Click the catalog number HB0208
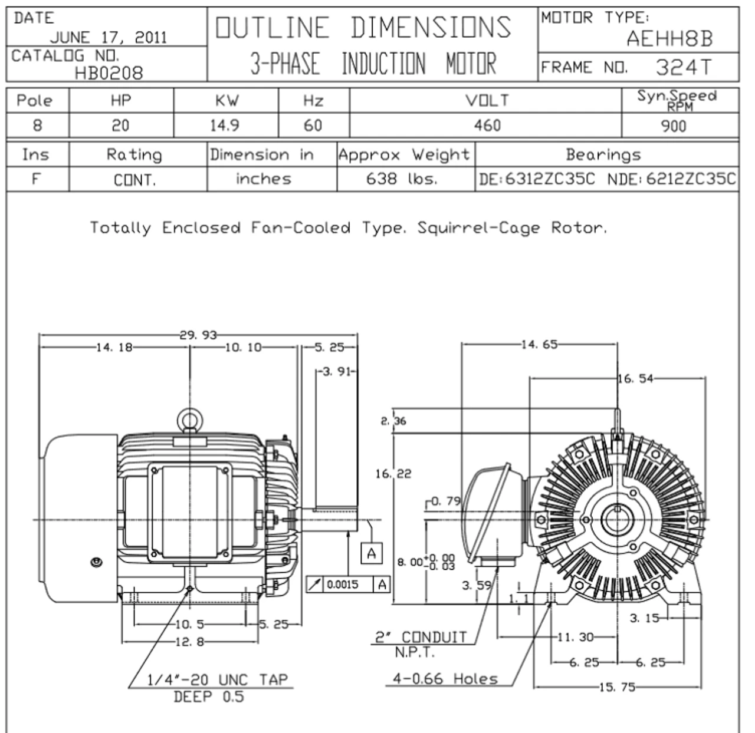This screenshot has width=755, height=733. click(x=109, y=73)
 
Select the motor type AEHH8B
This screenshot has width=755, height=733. click(x=670, y=39)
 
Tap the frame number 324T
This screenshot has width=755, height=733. click(x=684, y=67)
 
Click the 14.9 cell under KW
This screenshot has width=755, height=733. click(x=225, y=126)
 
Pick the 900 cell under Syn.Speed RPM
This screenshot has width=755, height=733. click(x=674, y=126)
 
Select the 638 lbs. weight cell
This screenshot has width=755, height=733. click(x=402, y=179)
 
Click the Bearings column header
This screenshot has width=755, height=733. click(x=603, y=154)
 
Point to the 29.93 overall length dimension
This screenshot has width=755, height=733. click(x=198, y=335)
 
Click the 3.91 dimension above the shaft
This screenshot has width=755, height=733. click(x=337, y=371)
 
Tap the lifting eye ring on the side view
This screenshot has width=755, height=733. click(x=190, y=411)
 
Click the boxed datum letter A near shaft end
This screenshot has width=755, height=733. click(x=371, y=553)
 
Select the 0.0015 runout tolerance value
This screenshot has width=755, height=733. click(x=343, y=584)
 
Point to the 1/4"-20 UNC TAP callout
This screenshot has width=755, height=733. click(x=217, y=680)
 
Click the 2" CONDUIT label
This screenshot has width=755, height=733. click(x=421, y=638)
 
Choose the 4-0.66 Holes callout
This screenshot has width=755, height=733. click(x=445, y=679)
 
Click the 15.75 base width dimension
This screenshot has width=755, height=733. click(x=617, y=687)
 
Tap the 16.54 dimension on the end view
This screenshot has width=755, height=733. click(x=635, y=378)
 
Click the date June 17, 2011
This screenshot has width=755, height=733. click(x=109, y=38)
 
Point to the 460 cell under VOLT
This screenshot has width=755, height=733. click(x=487, y=126)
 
